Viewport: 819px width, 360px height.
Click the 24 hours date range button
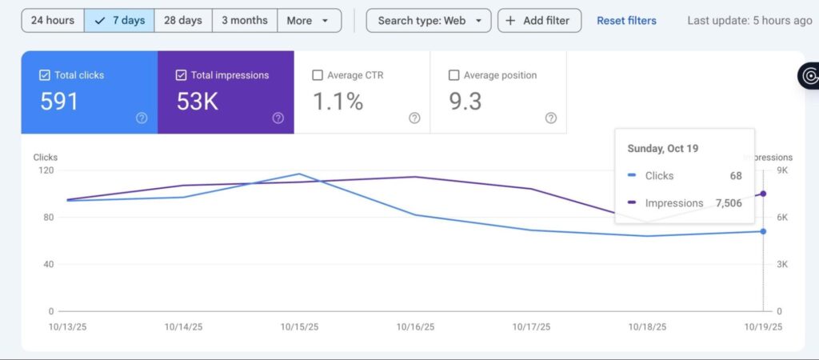[52, 20]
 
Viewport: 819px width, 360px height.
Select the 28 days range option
[183, 20]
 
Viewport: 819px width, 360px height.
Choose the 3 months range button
[245, 20]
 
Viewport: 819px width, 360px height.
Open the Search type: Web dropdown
[429, 20]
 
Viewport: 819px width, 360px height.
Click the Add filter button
[540, 20]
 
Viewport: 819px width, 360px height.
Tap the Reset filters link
[626, 21]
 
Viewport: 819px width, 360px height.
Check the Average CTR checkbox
[317, 75]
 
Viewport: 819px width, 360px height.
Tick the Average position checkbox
[454, 75]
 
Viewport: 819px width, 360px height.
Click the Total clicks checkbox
[45, 75]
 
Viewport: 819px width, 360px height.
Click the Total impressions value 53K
[197, 102]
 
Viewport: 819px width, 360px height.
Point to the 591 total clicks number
[59, 102]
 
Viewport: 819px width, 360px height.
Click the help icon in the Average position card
[550, 118]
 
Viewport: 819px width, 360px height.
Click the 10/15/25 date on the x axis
[299, 327]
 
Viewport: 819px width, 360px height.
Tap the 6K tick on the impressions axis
[782, 218]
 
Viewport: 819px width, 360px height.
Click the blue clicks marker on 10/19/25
[763, 231]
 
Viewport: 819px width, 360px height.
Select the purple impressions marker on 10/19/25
[763, 194]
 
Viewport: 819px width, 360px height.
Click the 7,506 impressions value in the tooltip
[729, 203]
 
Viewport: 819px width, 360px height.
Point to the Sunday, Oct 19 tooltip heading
[663, 148]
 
